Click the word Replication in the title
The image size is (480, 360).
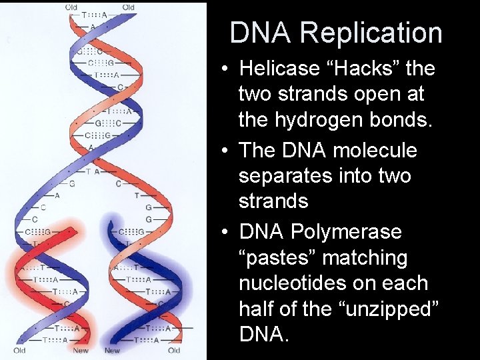(371, 32)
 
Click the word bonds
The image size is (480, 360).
(402, 121)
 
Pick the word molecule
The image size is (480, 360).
(377, 150)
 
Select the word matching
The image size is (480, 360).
(365, 257)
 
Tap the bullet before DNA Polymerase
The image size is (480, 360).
(228, 232)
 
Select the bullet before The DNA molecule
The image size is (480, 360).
(228, 151)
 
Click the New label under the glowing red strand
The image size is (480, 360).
(80, 351)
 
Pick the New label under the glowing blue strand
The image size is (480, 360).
(112, 351)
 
